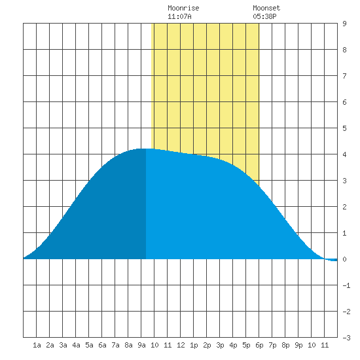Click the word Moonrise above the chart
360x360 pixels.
(x=183, y=8)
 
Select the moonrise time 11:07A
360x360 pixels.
(x=179, y=16)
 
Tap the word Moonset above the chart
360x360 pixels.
(x=266, y=8)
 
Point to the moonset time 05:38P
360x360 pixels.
(x=264, y=16)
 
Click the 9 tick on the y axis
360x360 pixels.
(x=344, y=24)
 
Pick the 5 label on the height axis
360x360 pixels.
(x=344, y=128)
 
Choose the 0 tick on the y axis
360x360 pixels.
(x=344, y=259)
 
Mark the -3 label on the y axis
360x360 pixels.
(x=346, y=338)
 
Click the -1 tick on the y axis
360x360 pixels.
(x=346, y=285)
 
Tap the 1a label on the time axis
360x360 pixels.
(x=37, y=345)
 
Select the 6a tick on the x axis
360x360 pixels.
(x=102, y=345)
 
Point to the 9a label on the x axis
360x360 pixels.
(x=141, y=345)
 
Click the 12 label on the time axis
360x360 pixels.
(x=181, y=345)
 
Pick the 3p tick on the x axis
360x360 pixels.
(x=220, y=345)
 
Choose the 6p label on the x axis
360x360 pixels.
(x=259, y=345)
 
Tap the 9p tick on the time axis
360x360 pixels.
(x=298, y=345)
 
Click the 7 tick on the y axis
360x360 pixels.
(x=344, y=76)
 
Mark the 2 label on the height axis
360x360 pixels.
(x=344, y=207)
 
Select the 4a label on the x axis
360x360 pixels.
(x=76, y=345)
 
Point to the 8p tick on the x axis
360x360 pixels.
(x=285, y=345)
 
